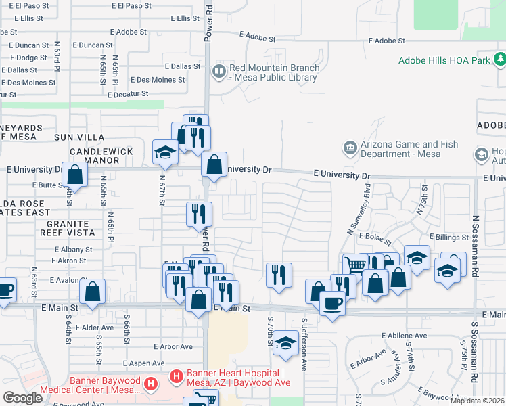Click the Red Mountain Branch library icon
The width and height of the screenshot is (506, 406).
click(x=219, y=70)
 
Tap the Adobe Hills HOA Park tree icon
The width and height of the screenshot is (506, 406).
click(x=499, y=60)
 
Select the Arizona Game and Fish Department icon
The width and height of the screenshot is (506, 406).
click(x=350, y=147)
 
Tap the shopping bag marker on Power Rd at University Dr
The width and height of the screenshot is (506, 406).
click(x=214, y=164)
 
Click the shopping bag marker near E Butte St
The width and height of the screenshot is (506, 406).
click(x=74, y=174)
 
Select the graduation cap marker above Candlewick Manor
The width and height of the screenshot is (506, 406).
click(x=165, y=153)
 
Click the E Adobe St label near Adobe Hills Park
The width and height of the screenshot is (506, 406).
click(x=390, y=41)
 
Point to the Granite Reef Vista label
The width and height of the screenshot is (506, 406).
click(x=67, y=228)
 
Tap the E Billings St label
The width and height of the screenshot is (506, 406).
click(x=449, y=238)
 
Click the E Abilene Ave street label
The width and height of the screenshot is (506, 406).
click(x=405, y=335)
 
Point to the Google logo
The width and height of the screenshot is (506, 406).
click(x=22, y=397)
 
